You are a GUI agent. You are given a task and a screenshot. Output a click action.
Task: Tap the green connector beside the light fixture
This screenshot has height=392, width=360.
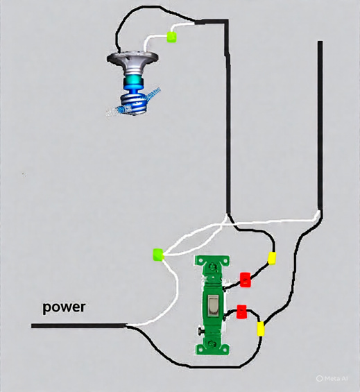(172, 37)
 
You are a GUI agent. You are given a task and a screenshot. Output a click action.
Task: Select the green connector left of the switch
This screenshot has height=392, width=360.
(158, 255)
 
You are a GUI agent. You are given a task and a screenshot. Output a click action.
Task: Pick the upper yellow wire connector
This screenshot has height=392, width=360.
(272, 258)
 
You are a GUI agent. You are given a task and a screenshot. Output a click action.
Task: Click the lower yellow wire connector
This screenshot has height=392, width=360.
(261, 328)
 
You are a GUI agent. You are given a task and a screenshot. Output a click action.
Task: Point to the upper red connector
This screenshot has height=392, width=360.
(246, 280)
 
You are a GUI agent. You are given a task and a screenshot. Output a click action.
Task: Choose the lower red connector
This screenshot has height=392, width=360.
(241, 312)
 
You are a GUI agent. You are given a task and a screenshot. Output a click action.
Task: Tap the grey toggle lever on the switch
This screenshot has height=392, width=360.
(213, 305)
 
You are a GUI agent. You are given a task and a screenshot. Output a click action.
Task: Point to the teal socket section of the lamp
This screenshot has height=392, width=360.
(133, 81)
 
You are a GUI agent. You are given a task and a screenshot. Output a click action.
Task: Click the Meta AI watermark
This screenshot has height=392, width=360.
(332, 379)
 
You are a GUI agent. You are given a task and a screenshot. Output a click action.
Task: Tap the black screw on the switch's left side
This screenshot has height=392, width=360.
(200, 332)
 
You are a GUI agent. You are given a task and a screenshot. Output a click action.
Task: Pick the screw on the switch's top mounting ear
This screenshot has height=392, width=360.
(213, 266)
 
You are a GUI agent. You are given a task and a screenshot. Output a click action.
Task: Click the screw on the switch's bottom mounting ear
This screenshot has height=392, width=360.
(212, 343)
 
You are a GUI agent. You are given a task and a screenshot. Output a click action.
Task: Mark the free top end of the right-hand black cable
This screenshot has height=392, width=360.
(320, 42)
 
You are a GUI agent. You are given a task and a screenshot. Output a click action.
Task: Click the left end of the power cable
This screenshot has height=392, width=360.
(32, 326)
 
